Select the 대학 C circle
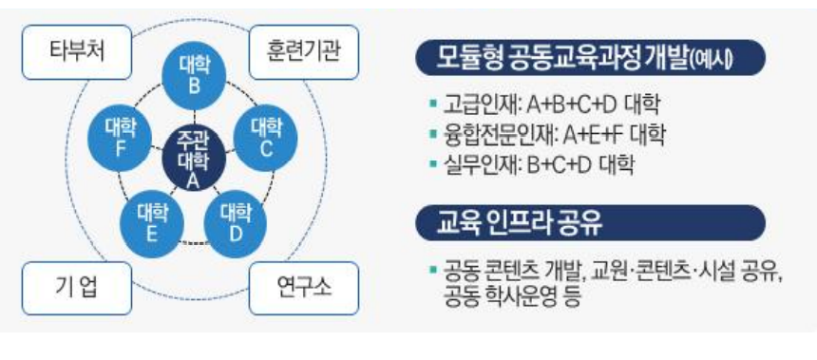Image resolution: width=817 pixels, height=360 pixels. (269, 139)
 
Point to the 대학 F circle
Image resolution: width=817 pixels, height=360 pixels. (121, 139)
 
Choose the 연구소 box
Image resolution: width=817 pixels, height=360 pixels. (305, 285)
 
